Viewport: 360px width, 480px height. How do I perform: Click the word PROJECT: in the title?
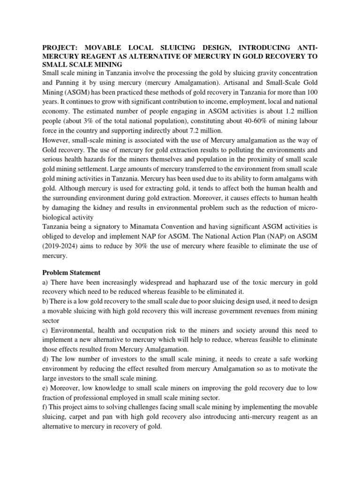point(61,47)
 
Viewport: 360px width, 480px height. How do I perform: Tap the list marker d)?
point(46,359)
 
